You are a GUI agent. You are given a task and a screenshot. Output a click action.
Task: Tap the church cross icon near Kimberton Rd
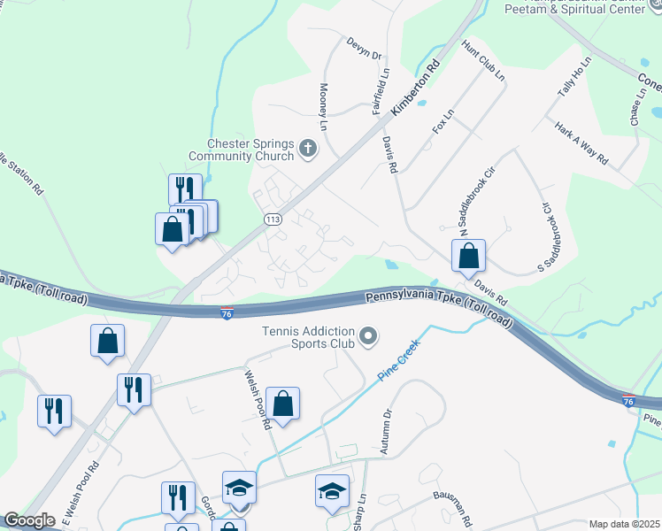coord(308,148)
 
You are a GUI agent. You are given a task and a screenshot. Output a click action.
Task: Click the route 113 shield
coord(273,219)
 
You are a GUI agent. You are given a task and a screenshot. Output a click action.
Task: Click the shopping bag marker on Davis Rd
coord(468,256)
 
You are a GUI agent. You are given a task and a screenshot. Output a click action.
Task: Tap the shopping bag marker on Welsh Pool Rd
coord(283,404)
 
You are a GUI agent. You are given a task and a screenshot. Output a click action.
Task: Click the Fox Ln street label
coord(443,121)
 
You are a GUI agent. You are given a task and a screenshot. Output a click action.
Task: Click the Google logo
coord(29,520)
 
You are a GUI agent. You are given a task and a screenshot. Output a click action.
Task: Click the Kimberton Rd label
coord(416,86)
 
